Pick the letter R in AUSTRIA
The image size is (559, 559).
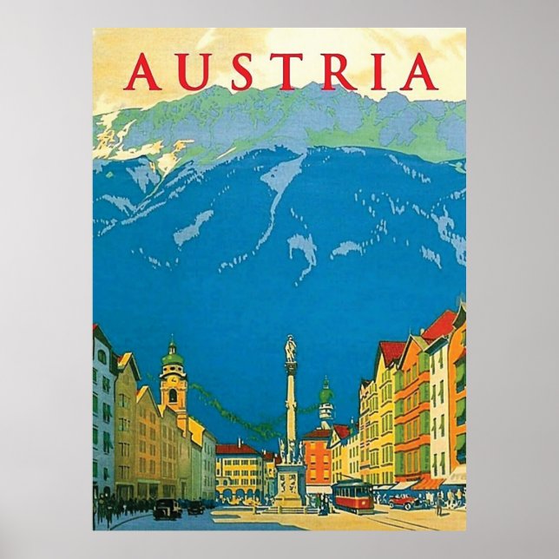click(337, 72)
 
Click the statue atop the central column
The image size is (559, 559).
click(291, 349)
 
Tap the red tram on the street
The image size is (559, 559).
click(353, 495)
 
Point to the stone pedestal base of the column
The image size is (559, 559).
click(290, 486)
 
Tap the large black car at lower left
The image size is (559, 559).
click(166, 510)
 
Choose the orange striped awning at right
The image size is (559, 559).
click(428, 483)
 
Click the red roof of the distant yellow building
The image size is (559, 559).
click(236, 449)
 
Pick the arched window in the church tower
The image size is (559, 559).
click(173, 396)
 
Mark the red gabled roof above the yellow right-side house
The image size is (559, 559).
click(391, 352)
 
